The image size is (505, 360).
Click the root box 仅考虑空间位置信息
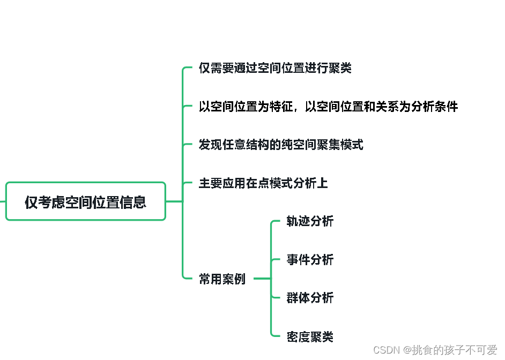pyautogui.click(x=86, y=201)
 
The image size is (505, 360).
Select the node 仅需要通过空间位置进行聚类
pyautogui.click(x=275, y=69)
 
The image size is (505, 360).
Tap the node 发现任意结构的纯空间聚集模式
pyautogui.click(x=281, y=145)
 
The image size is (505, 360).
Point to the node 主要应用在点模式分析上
pyautogui.click(x=263, y=183)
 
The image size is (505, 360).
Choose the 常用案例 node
pyautogui.click(x=222, y=279)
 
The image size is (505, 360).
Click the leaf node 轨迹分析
pyautogui.click(x=310, y=221)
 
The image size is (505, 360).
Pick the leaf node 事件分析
pyautogui.click(x=310, y=260)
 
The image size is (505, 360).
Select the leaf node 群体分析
pyautogui.click(x=310, y=298)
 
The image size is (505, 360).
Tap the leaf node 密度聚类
pyautogui.click(x=310, y=336)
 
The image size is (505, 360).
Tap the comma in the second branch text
pyautogui.click(x=296, y=109)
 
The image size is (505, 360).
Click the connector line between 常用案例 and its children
pyautogui.click(x=262, y=279)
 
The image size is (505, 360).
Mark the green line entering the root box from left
pyautogui.click(x=3, y=201)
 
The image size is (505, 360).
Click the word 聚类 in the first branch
pyautogui.click(x=340, y=69)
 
